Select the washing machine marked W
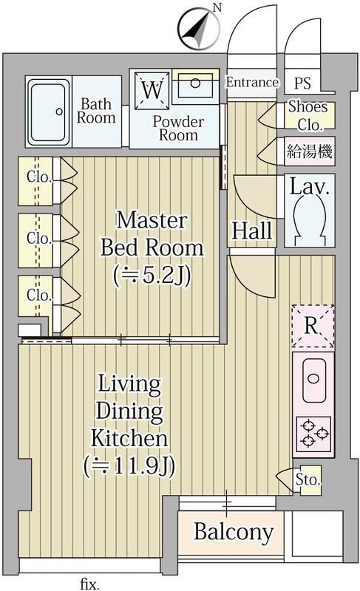click(x=152, y=91)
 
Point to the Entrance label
click(x=251, y=83)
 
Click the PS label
click(x=303, y=83)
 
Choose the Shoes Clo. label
click(x=308, y=115)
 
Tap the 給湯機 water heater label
click(x=309, y=153)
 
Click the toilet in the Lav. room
click(x=309, y=222)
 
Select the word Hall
click(x=252, y=231)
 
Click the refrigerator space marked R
click(x=313, y=325)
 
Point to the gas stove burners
click(x=313, y=433)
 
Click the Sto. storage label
click(x=308, y=479)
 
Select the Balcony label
click(x=234, y=531)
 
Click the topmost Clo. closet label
click(x=38, y=177)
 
